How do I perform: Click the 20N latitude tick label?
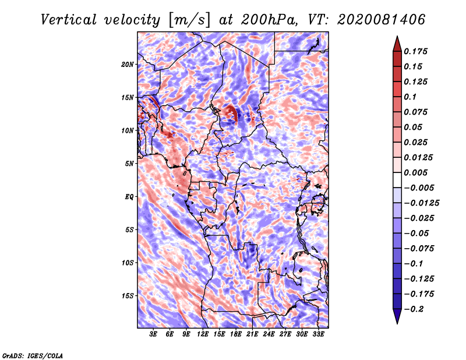pos(128,65)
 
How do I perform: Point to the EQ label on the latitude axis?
pos(129,197)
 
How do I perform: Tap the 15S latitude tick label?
pos(128,296)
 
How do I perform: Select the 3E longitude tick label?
pos(153,334)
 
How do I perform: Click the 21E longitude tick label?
pos(252,334)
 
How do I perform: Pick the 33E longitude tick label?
pos(318,334)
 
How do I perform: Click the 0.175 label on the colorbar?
pos(416,51)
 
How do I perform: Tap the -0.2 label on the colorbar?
pos(414,309)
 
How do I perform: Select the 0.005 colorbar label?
pos(416,172)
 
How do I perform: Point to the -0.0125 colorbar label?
pos(422,203)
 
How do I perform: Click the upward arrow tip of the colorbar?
pos(397,36)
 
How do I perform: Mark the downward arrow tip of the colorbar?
pos(397,324)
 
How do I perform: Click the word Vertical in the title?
pos(69,20)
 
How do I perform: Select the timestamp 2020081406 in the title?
pos(382,20)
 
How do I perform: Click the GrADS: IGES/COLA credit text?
pos(33,356)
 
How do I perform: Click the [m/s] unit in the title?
pos(189,20)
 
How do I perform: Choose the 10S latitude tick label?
pos(128,263)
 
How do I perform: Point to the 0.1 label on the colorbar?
pos(410,97)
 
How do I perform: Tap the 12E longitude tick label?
pos(202,334)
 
